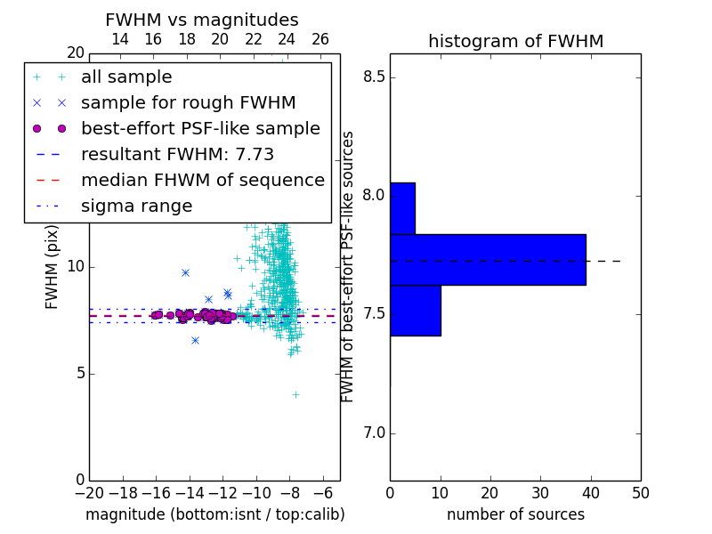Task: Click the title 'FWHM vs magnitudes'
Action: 202,20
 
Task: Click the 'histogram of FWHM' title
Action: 516,41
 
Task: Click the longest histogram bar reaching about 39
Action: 488,260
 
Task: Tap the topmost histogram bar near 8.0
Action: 403,208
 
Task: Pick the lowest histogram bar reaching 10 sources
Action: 416,311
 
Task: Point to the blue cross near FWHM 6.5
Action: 195,340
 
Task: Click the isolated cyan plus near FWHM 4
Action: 295,394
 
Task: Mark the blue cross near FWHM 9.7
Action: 185,272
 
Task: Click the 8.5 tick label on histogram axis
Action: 374,77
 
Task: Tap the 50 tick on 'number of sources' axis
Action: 640,493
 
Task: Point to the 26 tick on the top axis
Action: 320,39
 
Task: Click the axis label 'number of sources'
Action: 516,514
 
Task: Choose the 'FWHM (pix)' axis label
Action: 52,267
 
